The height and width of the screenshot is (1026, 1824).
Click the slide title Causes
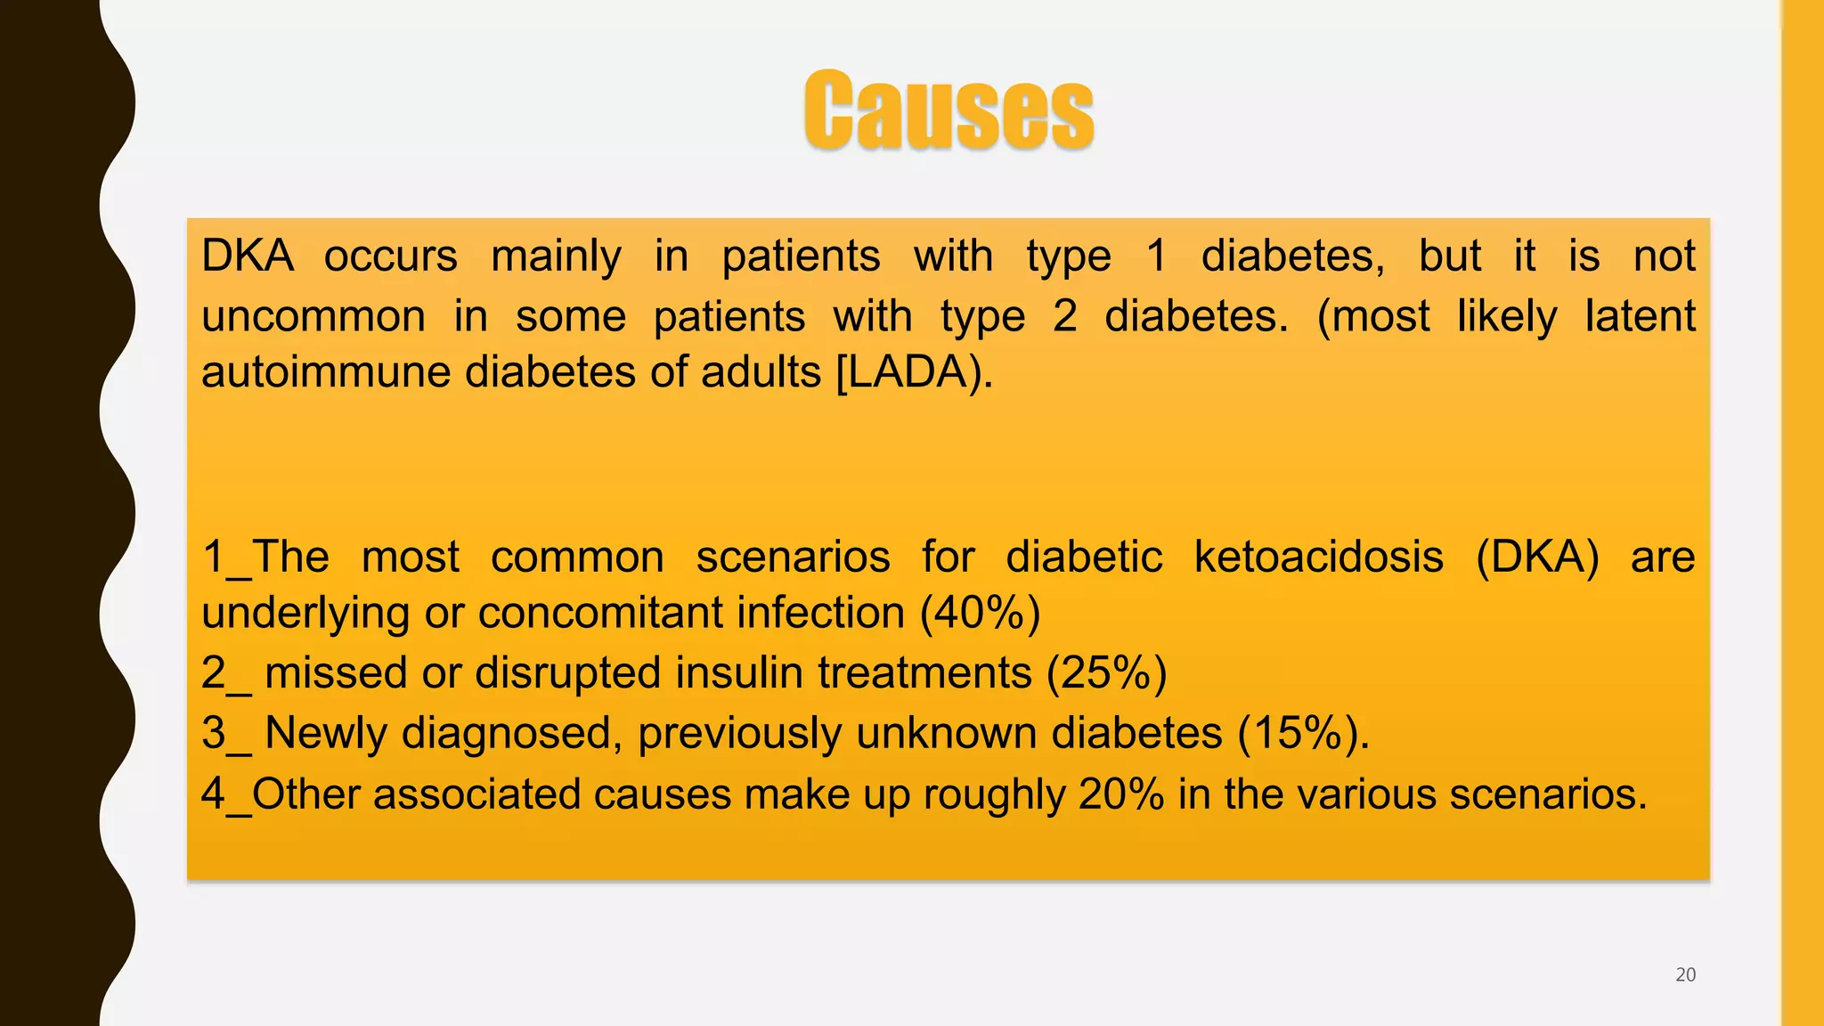tap(949, 110)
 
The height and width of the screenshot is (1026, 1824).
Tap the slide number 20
tap(1685, 974)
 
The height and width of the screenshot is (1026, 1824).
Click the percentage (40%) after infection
tap(980, 613)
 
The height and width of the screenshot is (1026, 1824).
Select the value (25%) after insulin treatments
tap(1106, 672)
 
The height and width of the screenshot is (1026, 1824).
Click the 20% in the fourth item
tap(1120, 794)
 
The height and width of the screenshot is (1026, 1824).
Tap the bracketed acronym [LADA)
tap(914, 372)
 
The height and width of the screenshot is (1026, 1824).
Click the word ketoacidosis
tap(1318, 558)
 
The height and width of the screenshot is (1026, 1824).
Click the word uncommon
tap(313, 316)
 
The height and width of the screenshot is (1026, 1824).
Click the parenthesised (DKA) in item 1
tap(1537, 558)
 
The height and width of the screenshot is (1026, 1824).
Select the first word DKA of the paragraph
tap(247, 256)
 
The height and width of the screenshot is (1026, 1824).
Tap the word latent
tap(1640, 316)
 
